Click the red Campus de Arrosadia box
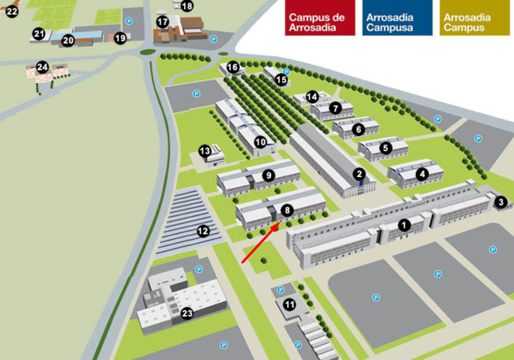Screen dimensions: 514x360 tap(320, 17)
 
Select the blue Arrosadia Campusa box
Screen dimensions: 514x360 tap(397, 17)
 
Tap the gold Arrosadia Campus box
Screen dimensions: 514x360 tap(475, 17)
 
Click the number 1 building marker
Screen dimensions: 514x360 tap(404, 225)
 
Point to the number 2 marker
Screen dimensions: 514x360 tap(359, 174)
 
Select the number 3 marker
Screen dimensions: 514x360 tap(501, 202)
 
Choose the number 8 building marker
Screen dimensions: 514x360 tap(287, 210)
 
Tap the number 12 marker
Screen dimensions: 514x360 tap(203, 231)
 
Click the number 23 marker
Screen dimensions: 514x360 tap(187, 314)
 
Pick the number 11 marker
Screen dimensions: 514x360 tap(290, 305)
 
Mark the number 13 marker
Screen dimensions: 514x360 tap(205, 151)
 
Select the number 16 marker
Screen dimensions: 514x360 tap(233, 68)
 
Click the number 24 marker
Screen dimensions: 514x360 tap(42, 67)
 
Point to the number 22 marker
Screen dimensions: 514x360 tap(12, 12)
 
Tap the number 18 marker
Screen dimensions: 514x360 tap(187, 6)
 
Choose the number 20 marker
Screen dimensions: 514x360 tap(68, 40)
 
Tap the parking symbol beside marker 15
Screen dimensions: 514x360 tap(287, 71)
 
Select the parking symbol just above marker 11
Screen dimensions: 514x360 tap(281, 290)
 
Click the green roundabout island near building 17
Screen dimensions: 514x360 tap(148, 52)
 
